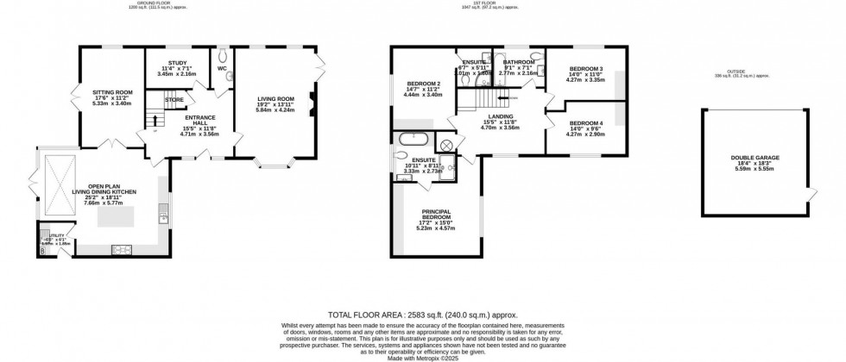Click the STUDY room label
coord(178,63)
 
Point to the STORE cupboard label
coord(174,100)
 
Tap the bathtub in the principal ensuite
coord(414,139)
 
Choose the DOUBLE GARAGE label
coord(754,158)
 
